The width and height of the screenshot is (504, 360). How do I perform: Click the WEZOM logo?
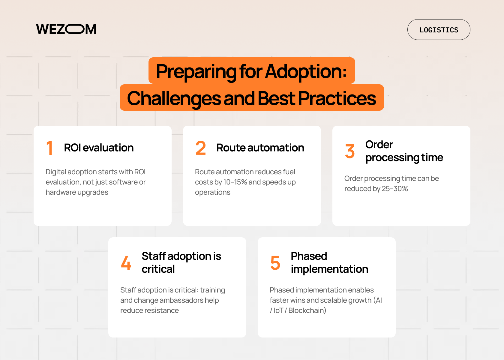(66, 29)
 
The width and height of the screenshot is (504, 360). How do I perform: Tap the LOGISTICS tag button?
(439, 30)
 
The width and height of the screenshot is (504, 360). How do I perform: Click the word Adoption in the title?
(306, 71)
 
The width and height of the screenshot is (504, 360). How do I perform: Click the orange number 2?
(201, 148)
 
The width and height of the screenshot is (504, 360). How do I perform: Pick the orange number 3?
(350, 151)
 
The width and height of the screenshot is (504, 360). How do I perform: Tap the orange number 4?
(126, 262)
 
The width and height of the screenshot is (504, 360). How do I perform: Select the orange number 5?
(275, 262)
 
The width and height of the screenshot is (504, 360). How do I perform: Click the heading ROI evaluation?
(99, 148)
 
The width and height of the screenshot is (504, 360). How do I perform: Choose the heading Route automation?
(260, 148)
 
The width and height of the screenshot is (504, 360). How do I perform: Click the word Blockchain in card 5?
(307, 310)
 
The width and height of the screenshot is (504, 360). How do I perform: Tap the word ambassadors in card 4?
(181, 300)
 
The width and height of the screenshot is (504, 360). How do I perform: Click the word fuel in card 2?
(289, 172)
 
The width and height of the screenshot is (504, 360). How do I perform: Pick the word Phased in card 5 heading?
(309, 256)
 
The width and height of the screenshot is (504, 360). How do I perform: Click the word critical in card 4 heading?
(158, 269)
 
